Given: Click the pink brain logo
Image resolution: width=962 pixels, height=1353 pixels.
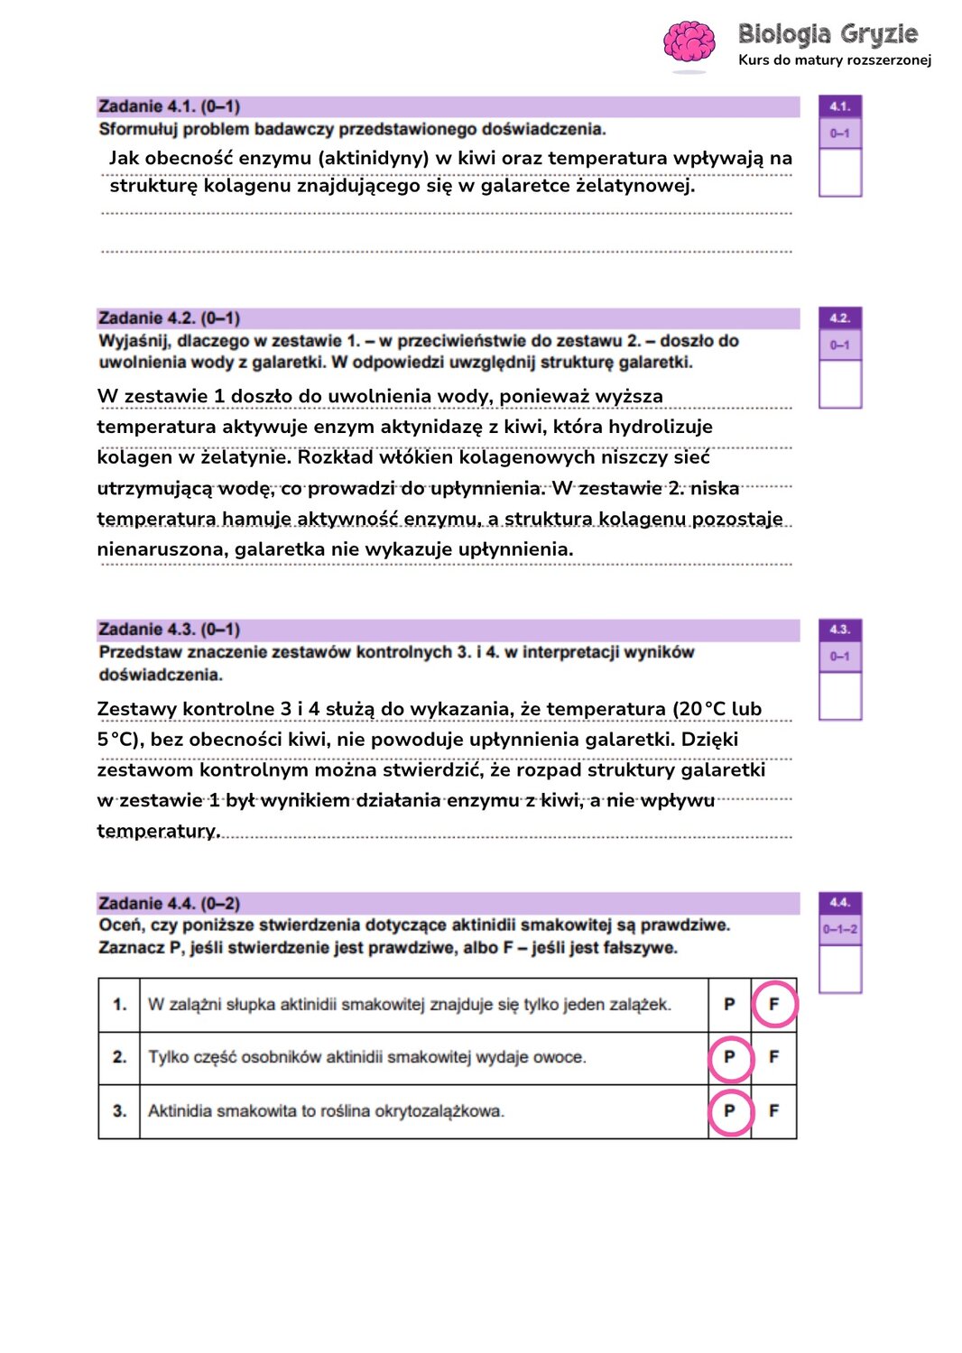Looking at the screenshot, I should [689, 42].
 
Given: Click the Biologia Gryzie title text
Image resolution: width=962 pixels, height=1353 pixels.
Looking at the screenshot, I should [828, 34].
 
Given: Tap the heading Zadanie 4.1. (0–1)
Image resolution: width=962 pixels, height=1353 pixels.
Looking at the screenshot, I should [169, 106].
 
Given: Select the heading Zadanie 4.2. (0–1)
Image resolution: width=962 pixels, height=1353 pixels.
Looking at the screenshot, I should [169, 318].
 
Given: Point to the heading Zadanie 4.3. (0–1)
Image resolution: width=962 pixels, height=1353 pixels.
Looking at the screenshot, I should [169, 630].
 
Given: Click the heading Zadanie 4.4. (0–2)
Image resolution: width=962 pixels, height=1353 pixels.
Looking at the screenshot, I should [169, 903].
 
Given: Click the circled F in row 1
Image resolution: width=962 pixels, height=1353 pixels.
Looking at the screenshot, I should [773, 1004].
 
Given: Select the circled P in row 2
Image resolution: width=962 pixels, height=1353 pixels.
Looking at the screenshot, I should [729, 1057].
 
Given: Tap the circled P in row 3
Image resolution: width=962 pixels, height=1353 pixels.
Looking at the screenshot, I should [729, 1111].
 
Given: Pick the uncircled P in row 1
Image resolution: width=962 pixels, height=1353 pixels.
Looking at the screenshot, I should [729, 1004].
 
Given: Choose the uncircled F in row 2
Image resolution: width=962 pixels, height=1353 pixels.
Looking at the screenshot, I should [773, 1057].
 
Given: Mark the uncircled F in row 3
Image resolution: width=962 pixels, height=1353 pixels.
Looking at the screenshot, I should [773, 1111].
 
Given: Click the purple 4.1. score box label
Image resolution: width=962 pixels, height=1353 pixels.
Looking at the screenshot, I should [840, 106].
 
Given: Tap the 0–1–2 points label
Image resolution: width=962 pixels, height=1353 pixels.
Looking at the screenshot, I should [840, 929].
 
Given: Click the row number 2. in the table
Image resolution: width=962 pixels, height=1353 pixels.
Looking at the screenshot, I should [119, 1057].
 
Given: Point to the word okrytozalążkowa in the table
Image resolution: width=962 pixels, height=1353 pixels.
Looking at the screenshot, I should [445, 1111].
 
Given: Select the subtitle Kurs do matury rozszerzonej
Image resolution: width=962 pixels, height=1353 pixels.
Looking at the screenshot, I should [835, 60].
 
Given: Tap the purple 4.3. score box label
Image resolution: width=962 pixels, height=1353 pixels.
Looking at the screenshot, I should [840, 630].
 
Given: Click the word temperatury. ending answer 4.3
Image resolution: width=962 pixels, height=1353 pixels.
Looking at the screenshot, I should [159, 831].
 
